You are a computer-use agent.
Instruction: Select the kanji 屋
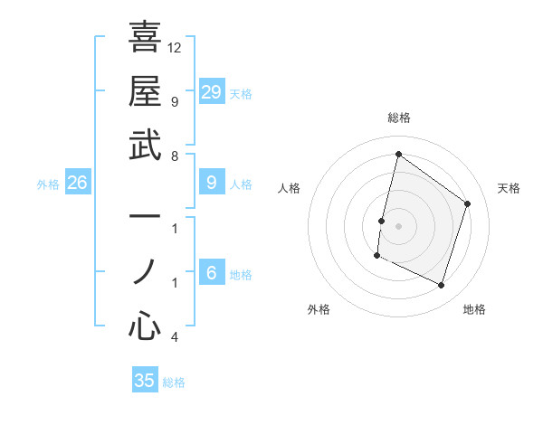145,90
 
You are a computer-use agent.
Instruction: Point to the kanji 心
145,326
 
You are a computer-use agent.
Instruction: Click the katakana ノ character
145,272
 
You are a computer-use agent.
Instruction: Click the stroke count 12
175,47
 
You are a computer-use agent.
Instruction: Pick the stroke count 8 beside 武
175,156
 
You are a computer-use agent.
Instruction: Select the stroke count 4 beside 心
175,337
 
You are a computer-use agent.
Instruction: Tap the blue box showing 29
211,91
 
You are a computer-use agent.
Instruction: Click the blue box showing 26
77,184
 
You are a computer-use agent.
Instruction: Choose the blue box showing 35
145,381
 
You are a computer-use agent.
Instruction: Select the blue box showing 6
211,273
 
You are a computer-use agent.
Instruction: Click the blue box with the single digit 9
211,183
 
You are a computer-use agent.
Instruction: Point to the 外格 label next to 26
48,184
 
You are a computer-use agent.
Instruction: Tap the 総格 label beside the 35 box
174,382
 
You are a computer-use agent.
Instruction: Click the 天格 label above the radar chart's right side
509,188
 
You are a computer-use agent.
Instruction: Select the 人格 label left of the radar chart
290,188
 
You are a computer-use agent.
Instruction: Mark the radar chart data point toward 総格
398,155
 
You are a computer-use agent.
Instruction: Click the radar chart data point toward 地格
442,286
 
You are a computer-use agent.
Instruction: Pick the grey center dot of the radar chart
398,225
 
